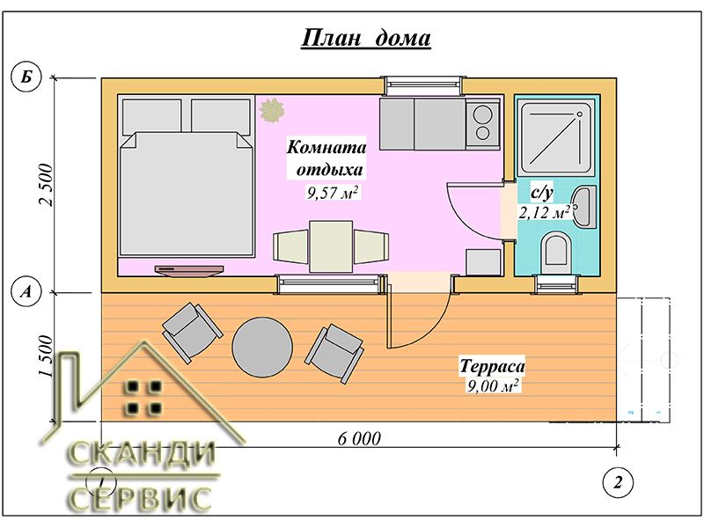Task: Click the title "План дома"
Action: (366, 38)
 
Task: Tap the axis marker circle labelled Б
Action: (26, 77)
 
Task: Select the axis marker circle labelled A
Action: (26, 292)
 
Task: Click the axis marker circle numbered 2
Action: (618, 482)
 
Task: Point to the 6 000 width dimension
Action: (359, 438)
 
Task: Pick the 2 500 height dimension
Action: (47, 185)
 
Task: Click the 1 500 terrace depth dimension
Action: (47, 356)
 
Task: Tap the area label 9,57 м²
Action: (333, 193)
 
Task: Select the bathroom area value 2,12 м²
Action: (544, 212)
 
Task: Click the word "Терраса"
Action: (492, 366)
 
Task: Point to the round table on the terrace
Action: (262, 348)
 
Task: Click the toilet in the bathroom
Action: (556, 253)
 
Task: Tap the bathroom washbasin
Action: (583, 207)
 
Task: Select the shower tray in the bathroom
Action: (556, 137)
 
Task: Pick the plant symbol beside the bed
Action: (272, 111)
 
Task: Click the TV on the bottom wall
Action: (189, 269)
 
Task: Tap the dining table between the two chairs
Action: (331, 246)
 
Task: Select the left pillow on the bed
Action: (151, 117)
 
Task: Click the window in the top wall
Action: (423, 84)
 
